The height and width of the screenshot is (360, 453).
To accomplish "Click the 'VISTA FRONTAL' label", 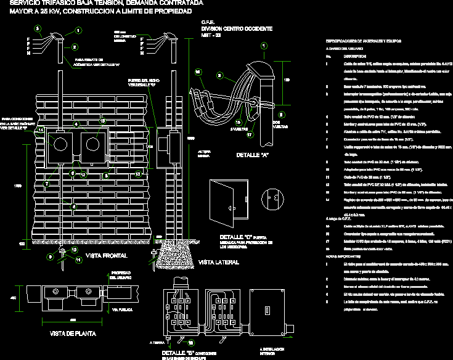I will coord(102,255).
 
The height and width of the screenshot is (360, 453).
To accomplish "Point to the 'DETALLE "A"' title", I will coord(252,154).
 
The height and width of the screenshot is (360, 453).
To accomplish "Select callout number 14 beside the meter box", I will coord(41,131).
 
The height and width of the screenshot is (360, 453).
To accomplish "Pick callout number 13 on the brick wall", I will coord(138,174).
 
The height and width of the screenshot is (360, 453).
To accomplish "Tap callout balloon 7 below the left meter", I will coord(46,183).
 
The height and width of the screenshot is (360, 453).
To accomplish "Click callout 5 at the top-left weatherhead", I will coord(38,29).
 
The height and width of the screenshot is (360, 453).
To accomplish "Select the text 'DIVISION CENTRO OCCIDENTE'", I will coord(237,29).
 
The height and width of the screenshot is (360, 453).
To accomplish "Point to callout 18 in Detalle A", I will coord(198,72).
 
